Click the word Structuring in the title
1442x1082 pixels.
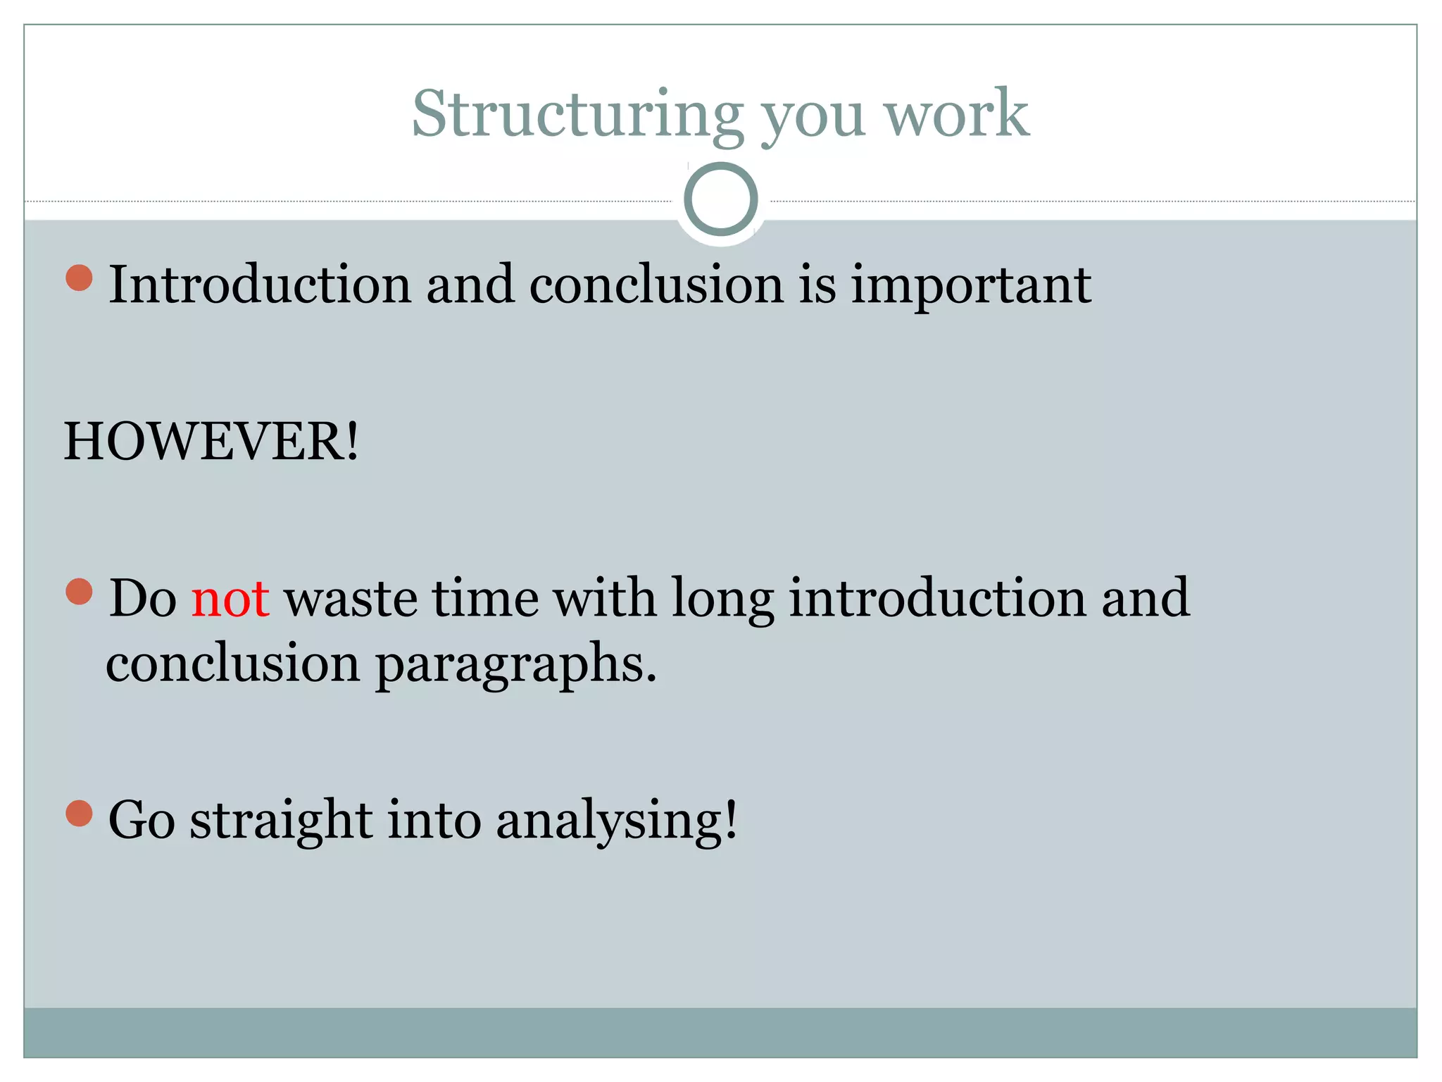577,114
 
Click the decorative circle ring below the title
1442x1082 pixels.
720,199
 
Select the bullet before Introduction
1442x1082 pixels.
79,278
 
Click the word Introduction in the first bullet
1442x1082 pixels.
260,285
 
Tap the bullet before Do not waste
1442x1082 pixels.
79,592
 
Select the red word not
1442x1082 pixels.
230,599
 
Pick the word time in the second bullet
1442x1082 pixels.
485,599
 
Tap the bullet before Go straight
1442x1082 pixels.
79,813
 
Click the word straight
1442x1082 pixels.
281,821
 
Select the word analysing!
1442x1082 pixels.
617,821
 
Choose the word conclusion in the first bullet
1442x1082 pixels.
656,285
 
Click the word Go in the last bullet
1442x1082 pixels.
141,820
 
